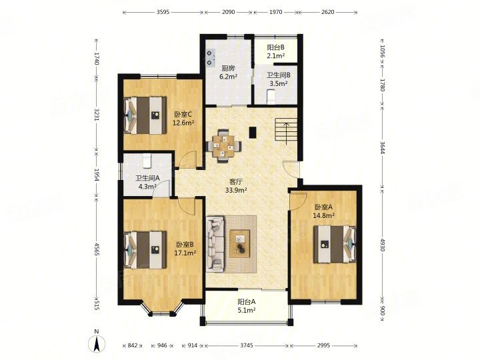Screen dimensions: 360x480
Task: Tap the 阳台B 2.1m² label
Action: pos(277,51)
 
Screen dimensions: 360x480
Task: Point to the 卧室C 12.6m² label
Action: pos(183,118)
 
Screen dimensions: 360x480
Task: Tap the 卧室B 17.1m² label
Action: pos(185,249)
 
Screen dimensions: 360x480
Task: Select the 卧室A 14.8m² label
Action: pos(324,211)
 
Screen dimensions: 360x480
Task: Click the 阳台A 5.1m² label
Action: pos(247,305)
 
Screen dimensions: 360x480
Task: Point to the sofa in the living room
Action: pos(215,243)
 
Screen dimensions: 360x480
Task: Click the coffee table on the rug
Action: pos(240,243)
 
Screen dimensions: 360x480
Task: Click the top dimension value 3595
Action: pos(167,12)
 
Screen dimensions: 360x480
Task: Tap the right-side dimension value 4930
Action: pos(382,243)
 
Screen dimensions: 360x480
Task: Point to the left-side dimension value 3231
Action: pos(97,117)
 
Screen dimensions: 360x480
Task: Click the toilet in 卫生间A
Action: pos(148,161)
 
